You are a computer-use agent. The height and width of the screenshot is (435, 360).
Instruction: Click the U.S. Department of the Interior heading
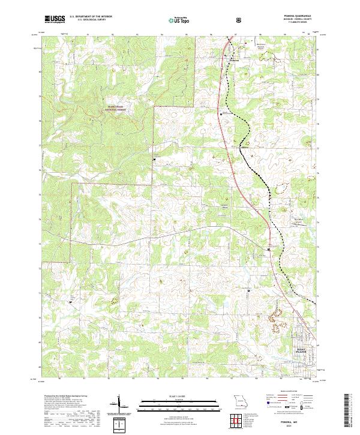[92, 17]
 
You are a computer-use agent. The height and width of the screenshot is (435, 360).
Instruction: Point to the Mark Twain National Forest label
[118, 109]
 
